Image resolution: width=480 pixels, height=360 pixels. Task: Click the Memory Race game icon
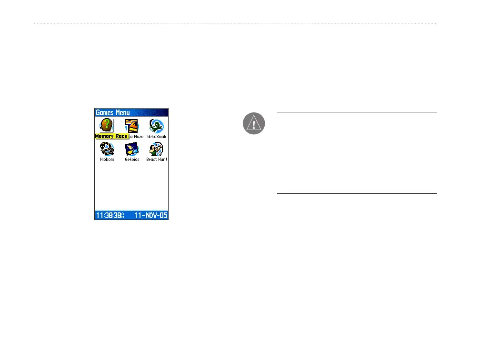click(x=107, y=125)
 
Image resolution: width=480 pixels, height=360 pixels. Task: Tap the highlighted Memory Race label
click(x=111, y=136)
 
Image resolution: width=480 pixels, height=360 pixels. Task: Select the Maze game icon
click(x=131, y=125)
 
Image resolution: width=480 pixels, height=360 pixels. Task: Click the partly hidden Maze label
click(x=136, y=137)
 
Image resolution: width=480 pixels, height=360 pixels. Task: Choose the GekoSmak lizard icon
click(x=156, y=125)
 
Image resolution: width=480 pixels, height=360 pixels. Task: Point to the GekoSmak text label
click(x=157, y=137)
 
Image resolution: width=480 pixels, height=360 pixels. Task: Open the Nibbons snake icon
click(x=107, y=149)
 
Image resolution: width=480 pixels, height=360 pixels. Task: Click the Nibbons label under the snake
click(x=107, y=160)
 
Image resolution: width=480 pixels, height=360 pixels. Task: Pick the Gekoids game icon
click(x=131, y=149)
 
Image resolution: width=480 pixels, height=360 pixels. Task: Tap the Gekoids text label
click(x=132, y=160)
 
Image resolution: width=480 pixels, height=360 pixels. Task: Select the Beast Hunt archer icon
click(x=156, y=149)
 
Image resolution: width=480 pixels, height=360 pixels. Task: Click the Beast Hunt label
click(x=157, y=160)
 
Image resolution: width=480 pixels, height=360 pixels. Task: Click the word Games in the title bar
click(x=105, y=113)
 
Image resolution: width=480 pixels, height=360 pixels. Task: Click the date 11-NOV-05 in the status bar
click(x=150, y=215)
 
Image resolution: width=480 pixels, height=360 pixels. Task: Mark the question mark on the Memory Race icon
click(x=106, y=124)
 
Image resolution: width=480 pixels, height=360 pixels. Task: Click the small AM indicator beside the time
click(x=123, y=215)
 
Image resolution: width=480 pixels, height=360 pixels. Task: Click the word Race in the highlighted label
click(x=121, y=136)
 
